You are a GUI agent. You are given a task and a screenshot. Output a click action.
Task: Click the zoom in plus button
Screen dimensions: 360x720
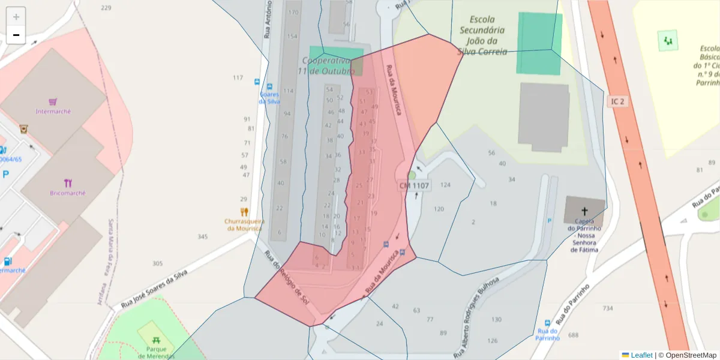click(x=16, y=17)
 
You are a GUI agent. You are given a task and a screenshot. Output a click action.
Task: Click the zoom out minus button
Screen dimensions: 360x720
click(x=16, y=35)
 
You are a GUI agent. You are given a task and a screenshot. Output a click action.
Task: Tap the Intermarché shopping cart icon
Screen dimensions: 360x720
click(x=53, y=101)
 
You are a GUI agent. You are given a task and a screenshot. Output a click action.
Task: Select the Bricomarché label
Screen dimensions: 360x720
click(x=68, y=193)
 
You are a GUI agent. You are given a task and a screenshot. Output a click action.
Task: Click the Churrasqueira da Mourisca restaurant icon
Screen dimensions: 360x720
click(x=244, y=212)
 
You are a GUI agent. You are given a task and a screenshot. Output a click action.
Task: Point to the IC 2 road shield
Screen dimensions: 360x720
click(x=618, y=101)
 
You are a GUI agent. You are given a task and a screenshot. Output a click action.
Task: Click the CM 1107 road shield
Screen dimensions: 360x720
click(x=414, y=186)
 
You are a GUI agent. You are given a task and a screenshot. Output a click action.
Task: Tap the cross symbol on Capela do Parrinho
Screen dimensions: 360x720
click(x=584, y=211)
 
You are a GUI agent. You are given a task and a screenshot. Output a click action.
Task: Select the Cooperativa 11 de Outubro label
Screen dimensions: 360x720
click(x=326, y=65)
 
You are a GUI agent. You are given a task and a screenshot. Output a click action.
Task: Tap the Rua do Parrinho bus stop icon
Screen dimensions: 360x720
click(x=547, y=323)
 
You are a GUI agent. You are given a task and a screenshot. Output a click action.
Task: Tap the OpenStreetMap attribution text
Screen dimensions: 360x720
click(x=691, y=355)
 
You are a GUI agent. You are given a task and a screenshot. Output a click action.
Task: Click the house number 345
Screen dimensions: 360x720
click(x=202, y=237)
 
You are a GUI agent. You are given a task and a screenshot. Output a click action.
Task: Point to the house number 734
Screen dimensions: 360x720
click(x=608, y=308)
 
